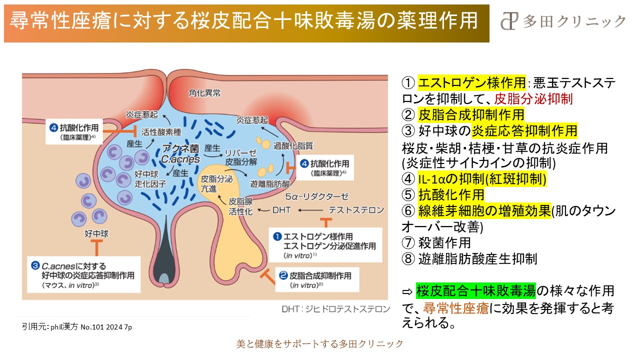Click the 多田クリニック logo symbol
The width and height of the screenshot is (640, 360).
click(x=509, y=21)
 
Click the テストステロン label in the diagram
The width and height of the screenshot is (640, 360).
click(x=356, y=209)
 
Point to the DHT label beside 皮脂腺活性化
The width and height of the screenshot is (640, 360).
click(x=281, y=210)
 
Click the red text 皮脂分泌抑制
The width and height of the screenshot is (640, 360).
click(x=533, y=98)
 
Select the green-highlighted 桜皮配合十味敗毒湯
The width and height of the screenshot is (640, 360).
click(x=476, y=290)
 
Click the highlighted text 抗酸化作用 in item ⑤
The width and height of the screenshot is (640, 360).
click(x=451, y=194)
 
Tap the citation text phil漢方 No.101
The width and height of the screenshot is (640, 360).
click(x=77, y=326)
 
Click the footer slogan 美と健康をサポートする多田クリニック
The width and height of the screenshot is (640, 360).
click(x=319, y=344)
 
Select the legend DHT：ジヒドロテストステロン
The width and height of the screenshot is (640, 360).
click(x=342, y=308)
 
